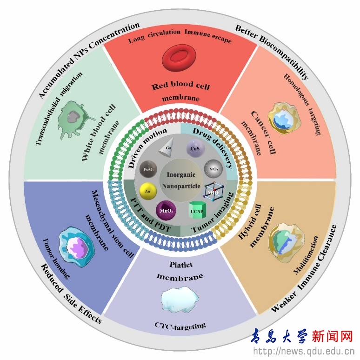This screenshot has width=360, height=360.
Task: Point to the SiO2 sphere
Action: (213, 166)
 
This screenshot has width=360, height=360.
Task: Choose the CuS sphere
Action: (194, 149)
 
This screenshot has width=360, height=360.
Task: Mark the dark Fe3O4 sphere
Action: (148, 168)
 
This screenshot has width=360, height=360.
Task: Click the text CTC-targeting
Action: (180, 326)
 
